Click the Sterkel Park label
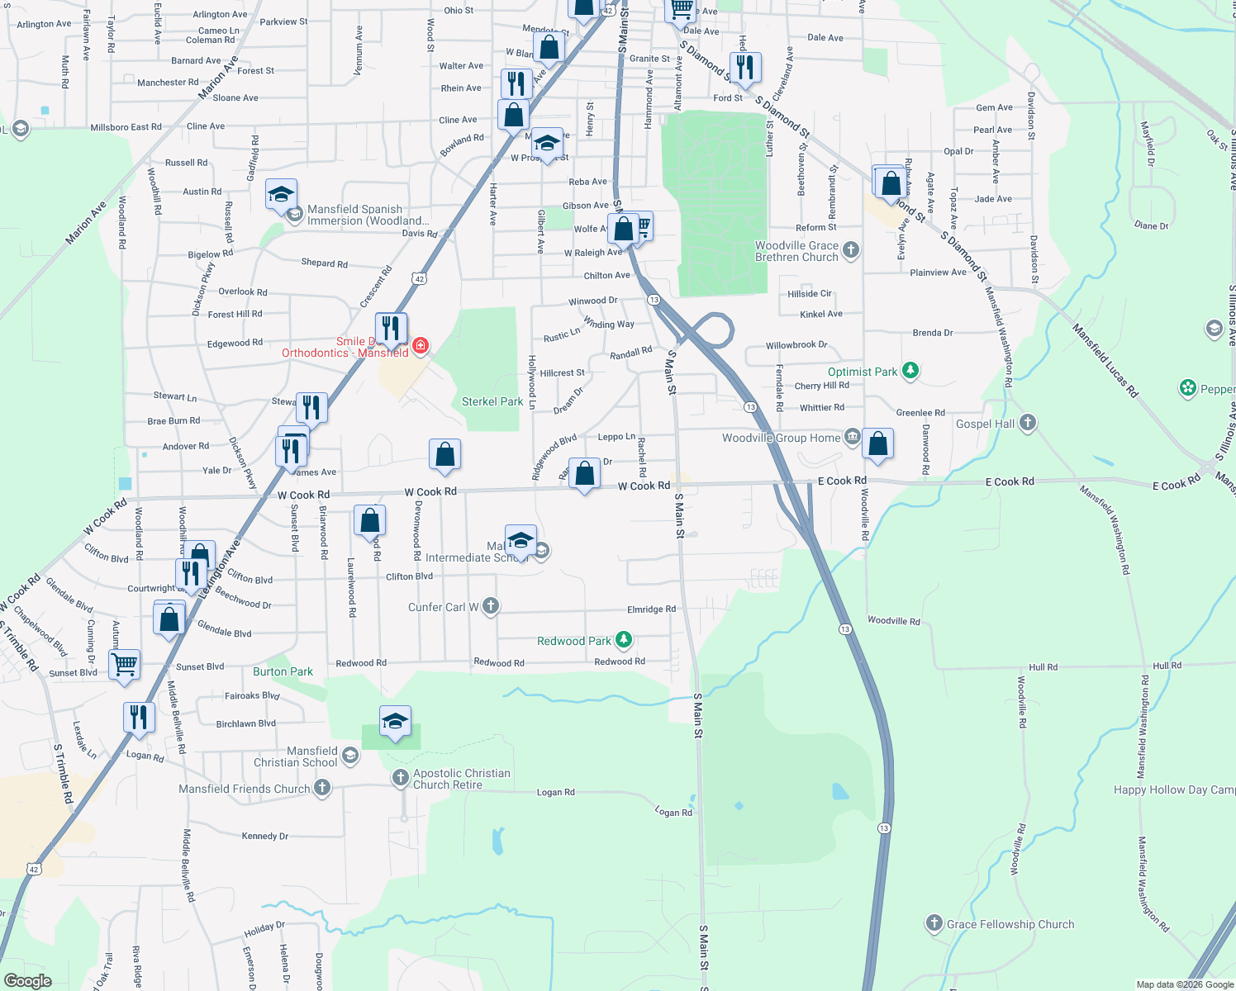492,402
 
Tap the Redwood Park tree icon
624,640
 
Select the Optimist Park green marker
910,371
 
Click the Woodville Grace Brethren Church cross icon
851,249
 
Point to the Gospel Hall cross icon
1027,423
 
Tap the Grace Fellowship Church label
1010,924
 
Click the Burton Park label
283,671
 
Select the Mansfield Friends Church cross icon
322,789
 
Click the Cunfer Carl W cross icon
490,606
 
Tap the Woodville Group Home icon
852,437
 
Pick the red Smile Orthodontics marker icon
420,345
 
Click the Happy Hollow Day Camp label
1174,789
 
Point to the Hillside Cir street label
810,294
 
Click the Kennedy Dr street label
264,836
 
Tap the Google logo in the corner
27,981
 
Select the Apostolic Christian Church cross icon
400,777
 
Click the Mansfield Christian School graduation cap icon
350,756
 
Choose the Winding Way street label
609,323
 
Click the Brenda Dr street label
933,333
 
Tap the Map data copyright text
1184,984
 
